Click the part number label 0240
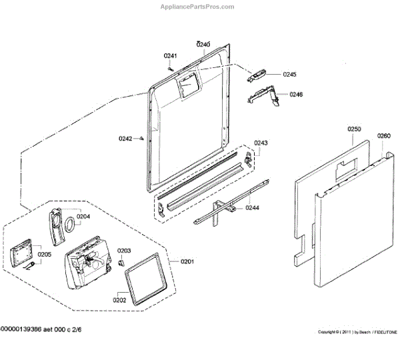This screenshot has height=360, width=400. point(203,45)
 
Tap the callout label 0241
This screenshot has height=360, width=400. point(171,55)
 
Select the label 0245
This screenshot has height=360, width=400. point(289,74)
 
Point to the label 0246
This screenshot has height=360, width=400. point(296,95)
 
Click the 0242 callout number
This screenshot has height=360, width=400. point(125,139)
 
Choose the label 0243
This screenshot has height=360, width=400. point(261,143)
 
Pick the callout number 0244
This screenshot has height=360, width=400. point(252,208)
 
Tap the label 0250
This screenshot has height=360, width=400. point(354,129)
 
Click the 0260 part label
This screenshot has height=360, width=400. point(383,136)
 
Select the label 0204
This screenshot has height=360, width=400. point(83,216)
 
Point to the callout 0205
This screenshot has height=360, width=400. point(44,254)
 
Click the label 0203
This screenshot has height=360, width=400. point(125,251)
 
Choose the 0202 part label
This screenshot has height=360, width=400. point(119,299)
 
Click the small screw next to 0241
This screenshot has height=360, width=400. point(171,66)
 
